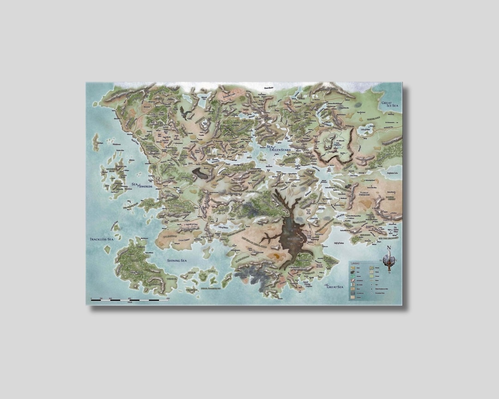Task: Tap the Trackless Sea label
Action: tap(101, 239)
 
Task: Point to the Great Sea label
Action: tap(334, 287)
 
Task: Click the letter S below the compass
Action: tap(389, 272)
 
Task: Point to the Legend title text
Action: tap(355, 264)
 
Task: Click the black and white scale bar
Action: tap(130, 301)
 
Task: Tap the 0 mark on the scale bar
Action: tap(91, 298)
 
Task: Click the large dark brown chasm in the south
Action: tap(291, 233)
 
